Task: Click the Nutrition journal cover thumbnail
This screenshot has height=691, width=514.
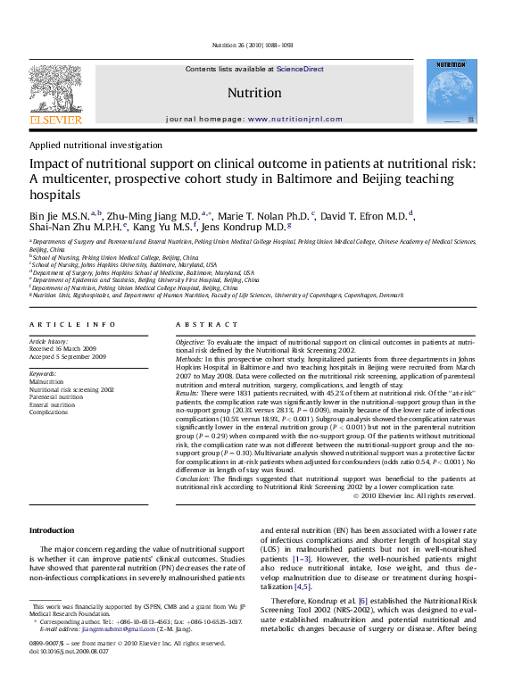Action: [450, 92]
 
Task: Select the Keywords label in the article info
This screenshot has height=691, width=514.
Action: [44, 371]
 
